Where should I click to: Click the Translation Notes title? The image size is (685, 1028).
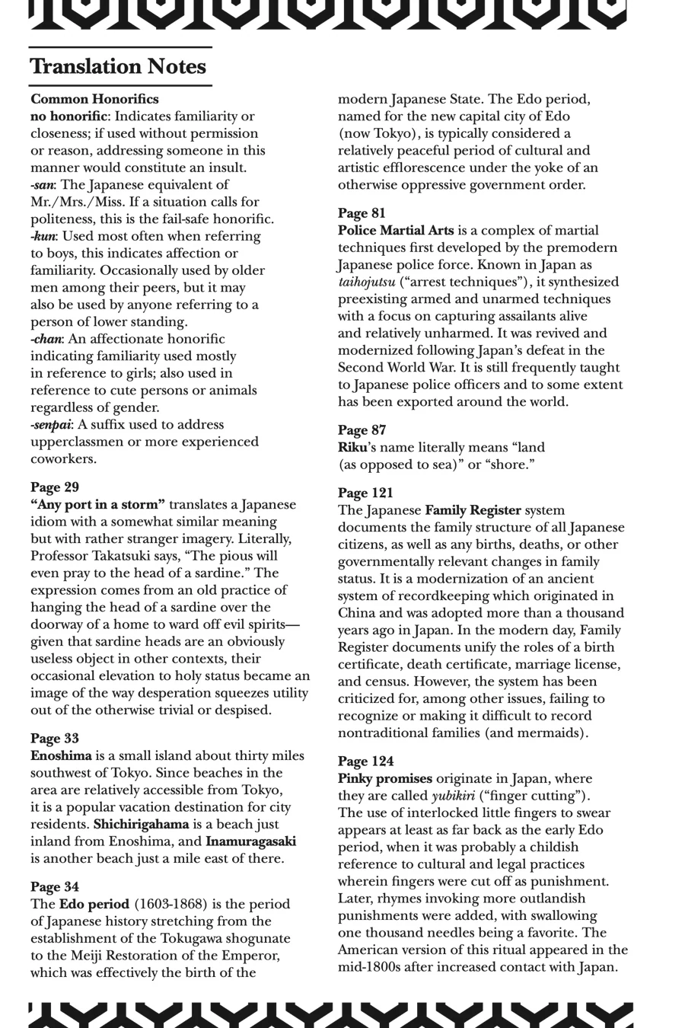[x=118, y=67]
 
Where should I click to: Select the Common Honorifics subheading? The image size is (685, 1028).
[x=94, y=99]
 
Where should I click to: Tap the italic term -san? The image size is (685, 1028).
[x=43, y=185]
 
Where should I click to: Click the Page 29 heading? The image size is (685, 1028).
[x=55, y=487]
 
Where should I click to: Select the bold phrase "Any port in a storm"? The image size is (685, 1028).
[x=97, y=505]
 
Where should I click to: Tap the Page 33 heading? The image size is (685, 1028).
[x=55, y=739]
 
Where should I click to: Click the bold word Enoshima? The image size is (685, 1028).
[x=61, y=756]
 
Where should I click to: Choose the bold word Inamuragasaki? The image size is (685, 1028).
[x=250, y=841]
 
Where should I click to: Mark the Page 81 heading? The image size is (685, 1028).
[x=362, y=213]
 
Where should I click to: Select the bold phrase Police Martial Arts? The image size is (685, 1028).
[x=396, y=231]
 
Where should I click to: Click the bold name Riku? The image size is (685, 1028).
[x=353, y=448]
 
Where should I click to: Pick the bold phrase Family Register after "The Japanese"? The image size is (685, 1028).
[x=473, y=511]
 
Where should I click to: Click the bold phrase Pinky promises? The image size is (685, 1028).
[x=385, y=779]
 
